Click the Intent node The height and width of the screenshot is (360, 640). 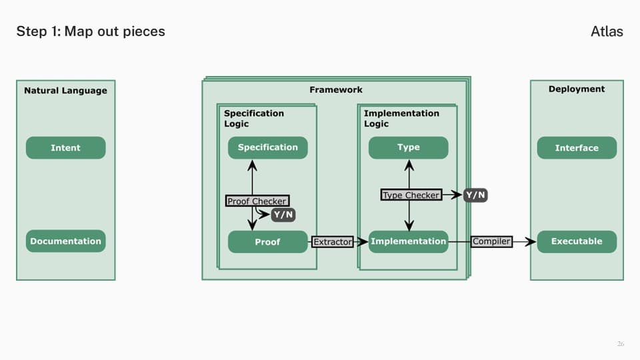(66, 148)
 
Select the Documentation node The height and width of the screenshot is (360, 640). (66, 241)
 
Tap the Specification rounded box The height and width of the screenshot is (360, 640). (268, 148)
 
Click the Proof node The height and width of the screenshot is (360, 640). (268, 241)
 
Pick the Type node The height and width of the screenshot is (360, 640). (408, 148)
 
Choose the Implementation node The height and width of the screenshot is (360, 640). (408, 241)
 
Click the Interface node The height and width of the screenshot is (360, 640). (577, 148)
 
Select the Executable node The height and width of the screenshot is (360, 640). (577, 241)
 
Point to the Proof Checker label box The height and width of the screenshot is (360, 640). (257, 201)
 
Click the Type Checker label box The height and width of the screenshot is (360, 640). (411, 195)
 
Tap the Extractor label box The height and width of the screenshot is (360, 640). (333, 242)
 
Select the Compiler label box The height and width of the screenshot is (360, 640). (491, 241)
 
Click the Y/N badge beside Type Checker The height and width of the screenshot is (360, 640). (475, 195)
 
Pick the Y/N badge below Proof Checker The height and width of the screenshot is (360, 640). (283, 215)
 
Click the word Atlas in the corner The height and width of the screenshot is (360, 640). (607, 31)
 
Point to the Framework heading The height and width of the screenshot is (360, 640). (336, 90)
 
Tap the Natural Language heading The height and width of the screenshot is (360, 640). (66, 91)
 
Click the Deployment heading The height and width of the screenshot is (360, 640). (577, 89)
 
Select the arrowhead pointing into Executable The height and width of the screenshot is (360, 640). (531, 241)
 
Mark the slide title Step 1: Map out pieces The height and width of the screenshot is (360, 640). (91, 31)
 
